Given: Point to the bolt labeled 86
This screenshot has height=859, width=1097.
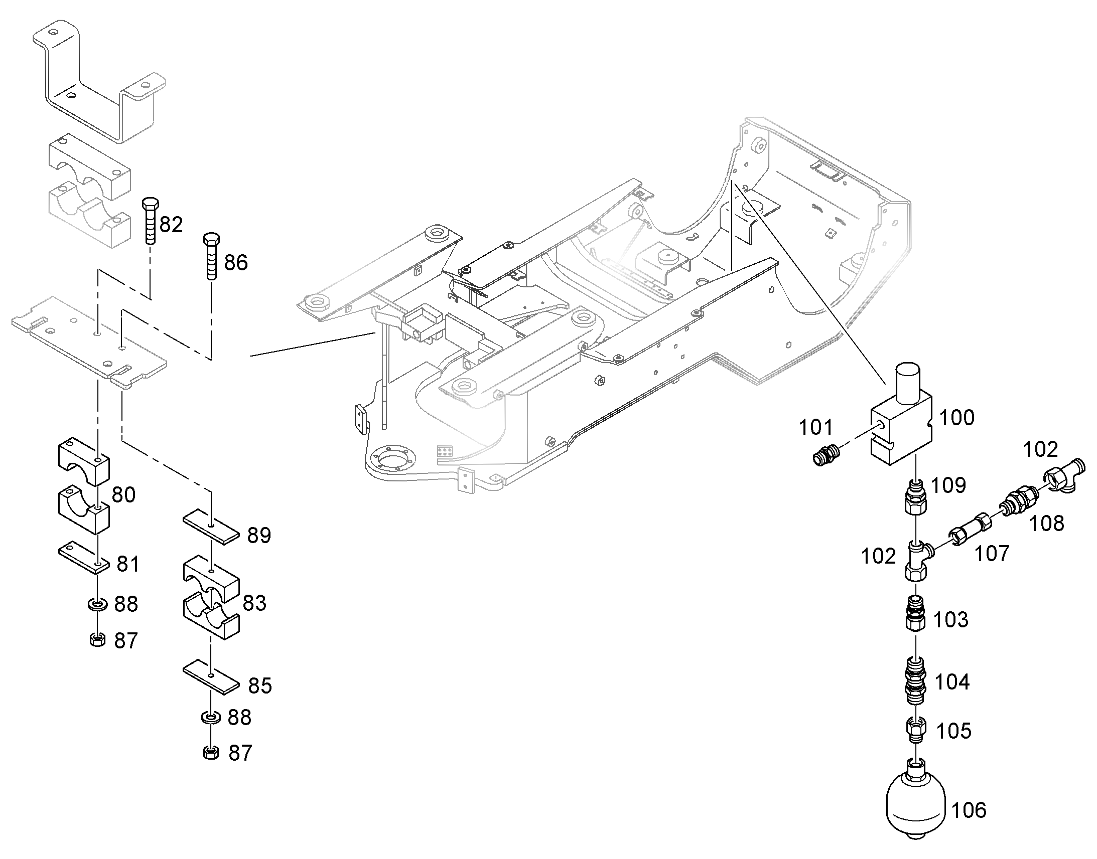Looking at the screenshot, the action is pyautogui.click(x=211, y=256).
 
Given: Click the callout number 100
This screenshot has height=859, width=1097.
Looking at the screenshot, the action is pyautogui.click(x=957, y=417).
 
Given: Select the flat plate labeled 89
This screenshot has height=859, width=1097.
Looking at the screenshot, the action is pyautogui.click(x=211, y=527).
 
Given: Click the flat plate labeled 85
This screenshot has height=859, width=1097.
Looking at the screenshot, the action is pyautogui.click(x=211, y=678).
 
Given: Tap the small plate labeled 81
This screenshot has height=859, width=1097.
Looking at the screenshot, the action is pyautogui.click(x=84, y=557).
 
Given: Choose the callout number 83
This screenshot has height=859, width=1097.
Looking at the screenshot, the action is pyautogui.click(x=254, y=603).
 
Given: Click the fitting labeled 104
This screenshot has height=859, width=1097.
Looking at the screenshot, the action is pyautogui.click(x=915, y=681).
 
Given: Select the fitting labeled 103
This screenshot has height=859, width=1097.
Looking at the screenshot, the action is pyautogui.click(x=915, y=613).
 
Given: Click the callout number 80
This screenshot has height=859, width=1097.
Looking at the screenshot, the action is pyautogui.click(x=123, y=495).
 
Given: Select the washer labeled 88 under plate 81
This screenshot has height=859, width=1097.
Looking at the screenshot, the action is pyautogui.click(x=96, y=604).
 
